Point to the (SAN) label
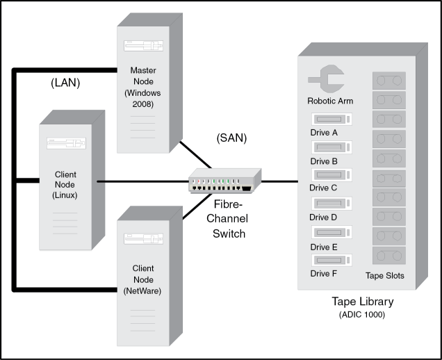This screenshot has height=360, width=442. click(231, 138)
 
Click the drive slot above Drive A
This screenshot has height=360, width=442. click(332, 118)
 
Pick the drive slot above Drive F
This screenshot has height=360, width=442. click(332, 260)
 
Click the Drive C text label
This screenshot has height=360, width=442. click(324, 188)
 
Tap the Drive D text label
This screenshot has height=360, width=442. click(324, 218)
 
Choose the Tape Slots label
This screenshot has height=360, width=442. click(385, 276)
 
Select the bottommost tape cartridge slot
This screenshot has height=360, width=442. click(388, 256)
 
